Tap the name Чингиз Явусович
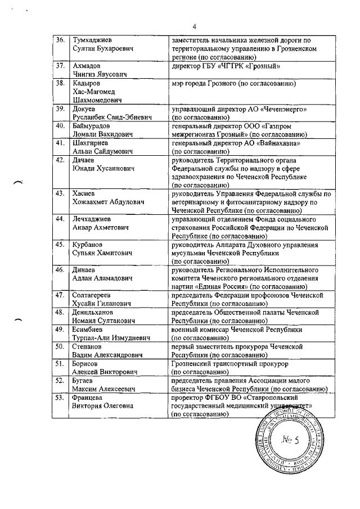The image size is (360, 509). pyautogui.click(x=98, y=74)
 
